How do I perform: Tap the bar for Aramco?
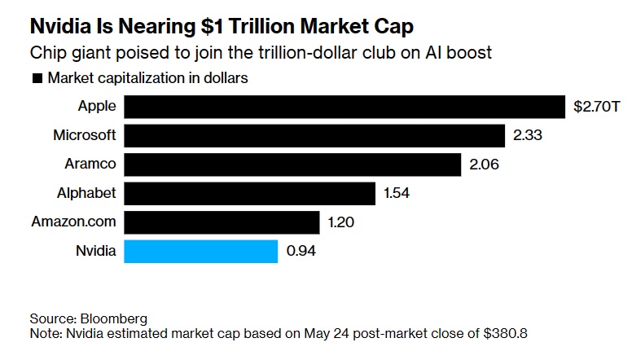coord(293,165)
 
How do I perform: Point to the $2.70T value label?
coord(597,107)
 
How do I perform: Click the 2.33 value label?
coord(527,135)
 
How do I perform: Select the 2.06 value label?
coord(484,165)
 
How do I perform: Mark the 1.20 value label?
coord(341,222)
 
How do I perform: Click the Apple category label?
coord(97,107)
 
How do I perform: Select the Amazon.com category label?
coord(74,222)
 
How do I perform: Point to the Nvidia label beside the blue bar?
coord(95,251)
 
